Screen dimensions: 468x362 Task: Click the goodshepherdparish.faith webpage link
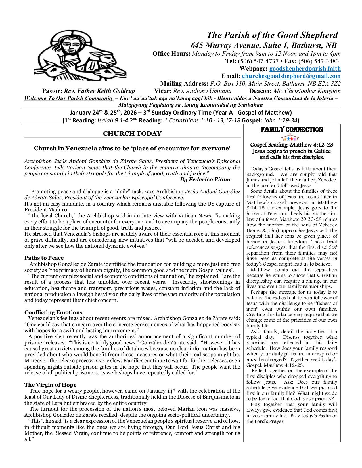pyautogui.click(x=305, y=69)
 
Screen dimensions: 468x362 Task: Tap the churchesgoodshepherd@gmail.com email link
pyautogui.click(x=291, y=76)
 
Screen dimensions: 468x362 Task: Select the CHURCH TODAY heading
pyautogui.click(x=132, y=134)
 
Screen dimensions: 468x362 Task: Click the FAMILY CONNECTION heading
pyautogui.click(x=292, y=130)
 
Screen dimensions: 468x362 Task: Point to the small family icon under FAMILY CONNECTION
pyautogui.click(x=292, y=138)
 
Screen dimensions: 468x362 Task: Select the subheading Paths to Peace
pyautogui.click(x=44, y=258)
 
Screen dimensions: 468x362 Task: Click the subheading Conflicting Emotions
pyautogui.click(x=53, y=312)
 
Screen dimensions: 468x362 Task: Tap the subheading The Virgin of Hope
pyautogui.click(x=50, y=385)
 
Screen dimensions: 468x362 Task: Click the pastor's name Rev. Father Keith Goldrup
pyautogui.click(x=99, y=91)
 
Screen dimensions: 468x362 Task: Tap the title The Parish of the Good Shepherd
pyautogui.click(x=272, y=35)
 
